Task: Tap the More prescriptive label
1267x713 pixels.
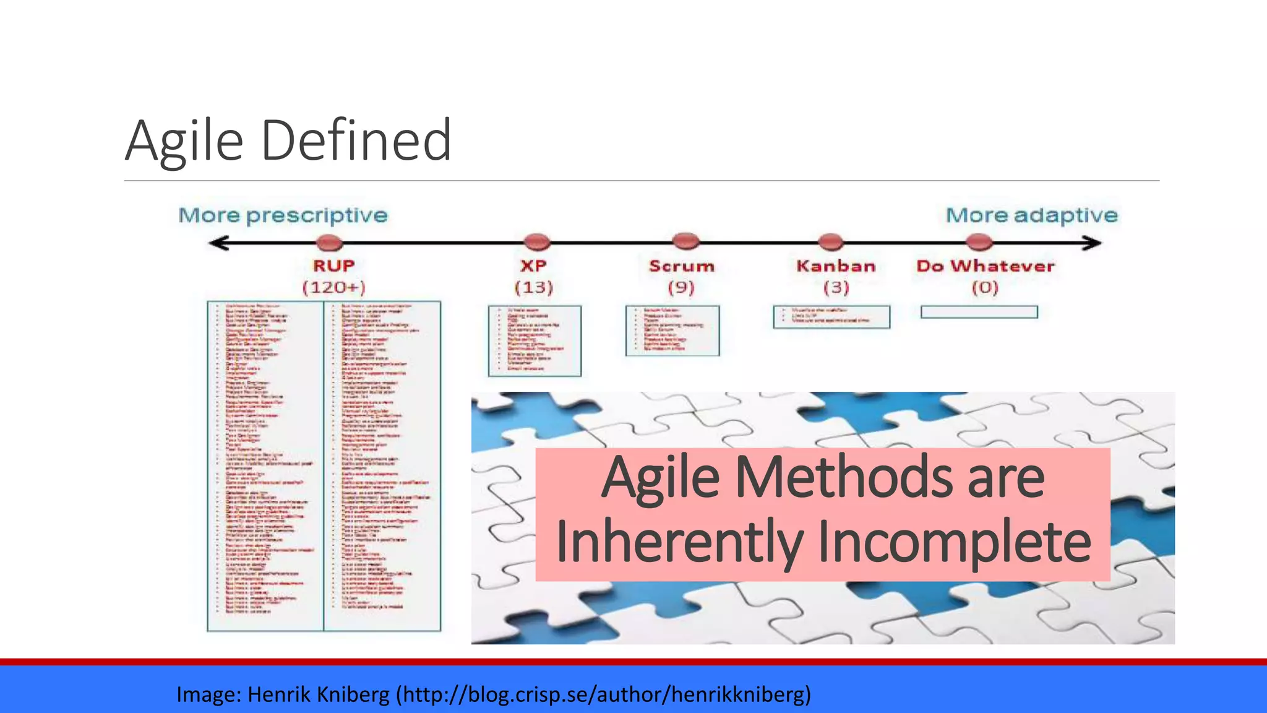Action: [283, 215]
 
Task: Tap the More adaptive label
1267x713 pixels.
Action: [1031, 215]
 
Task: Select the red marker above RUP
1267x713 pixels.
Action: [329, 242]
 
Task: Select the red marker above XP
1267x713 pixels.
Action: [536, 241]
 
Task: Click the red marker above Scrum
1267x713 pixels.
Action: [685, 241]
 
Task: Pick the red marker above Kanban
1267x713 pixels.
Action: [830, 241]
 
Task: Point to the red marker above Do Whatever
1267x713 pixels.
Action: [979, 241]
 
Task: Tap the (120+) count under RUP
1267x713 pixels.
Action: [333, 287]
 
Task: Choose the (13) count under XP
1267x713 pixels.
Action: [534, 287]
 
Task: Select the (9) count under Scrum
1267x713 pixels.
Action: [681, 287]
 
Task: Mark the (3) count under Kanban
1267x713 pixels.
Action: [836, 287]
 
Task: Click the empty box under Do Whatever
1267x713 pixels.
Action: [979, 312]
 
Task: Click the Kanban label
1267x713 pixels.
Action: [836, 266]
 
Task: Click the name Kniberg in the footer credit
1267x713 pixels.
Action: [353, 694]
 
